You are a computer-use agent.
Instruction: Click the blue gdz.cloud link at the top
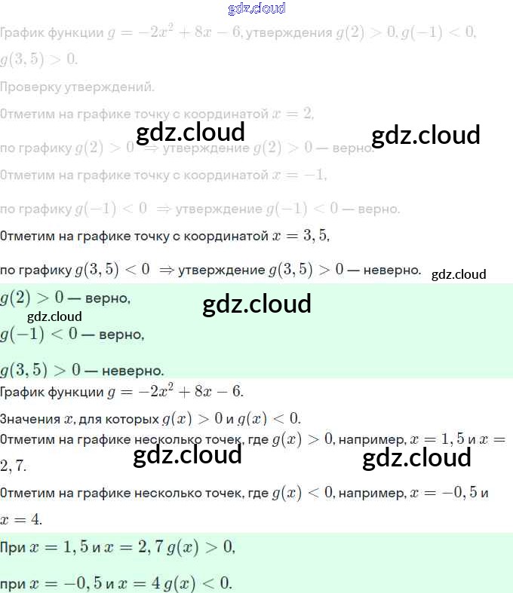[x=256, y=9]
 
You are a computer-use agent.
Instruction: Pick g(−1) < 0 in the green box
[x=40, y=333]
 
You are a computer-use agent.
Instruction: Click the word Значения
[x=28, y=419]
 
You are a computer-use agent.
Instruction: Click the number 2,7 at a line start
[x=14, y=466]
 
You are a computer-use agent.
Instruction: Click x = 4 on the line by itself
[x=21, y=520]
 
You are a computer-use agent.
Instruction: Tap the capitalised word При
[x=14, y=549]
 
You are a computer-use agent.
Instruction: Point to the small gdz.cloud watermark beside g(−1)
[x=54, y=316]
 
